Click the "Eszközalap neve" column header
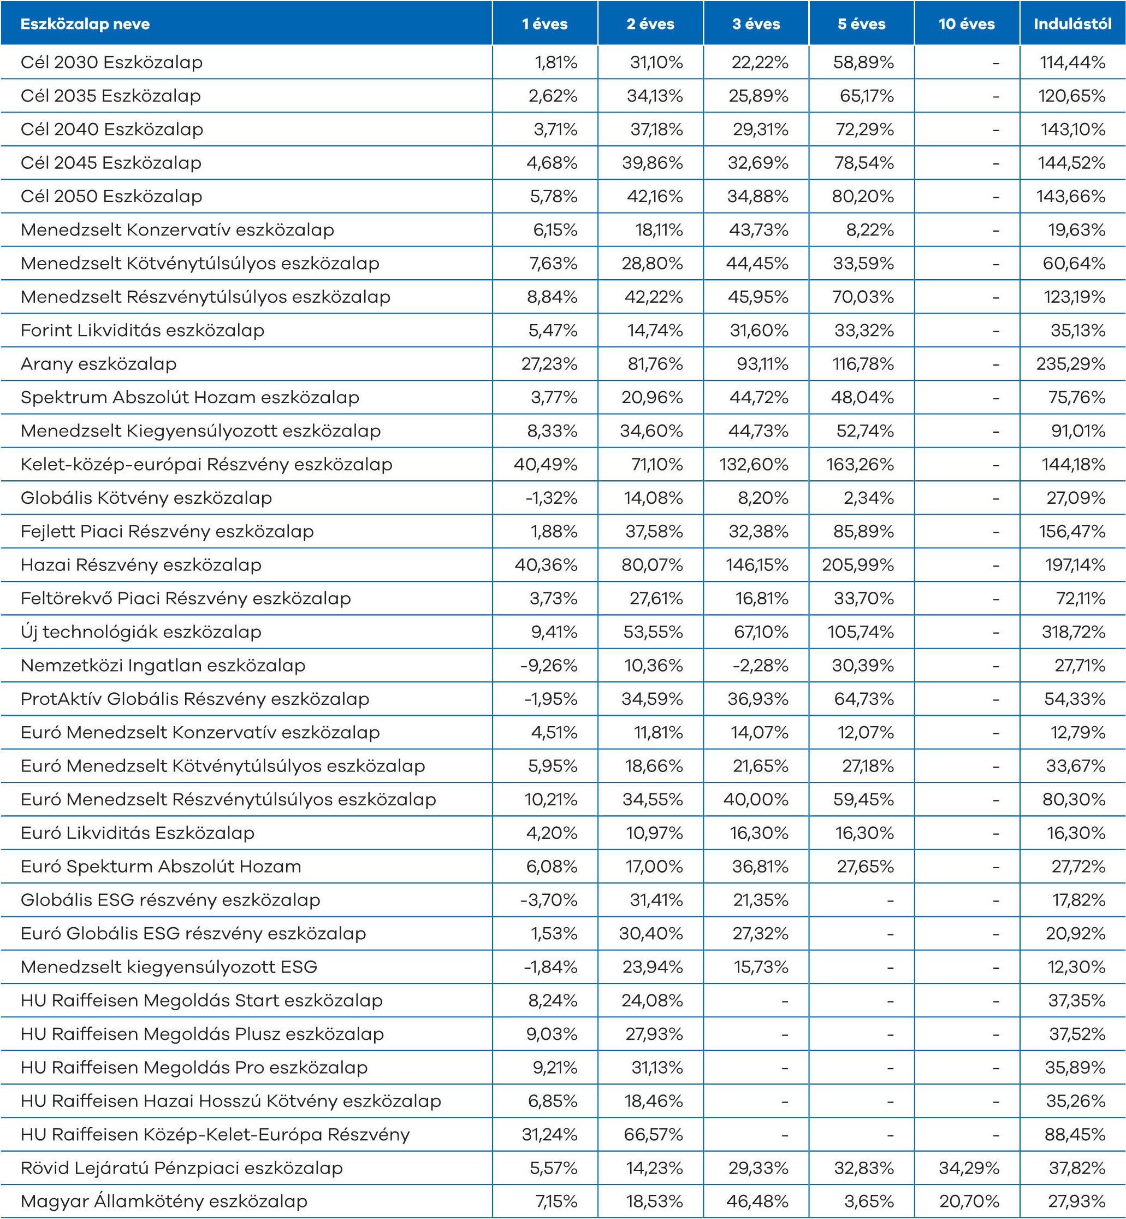tap(85, 24)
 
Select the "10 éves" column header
tap(967, 24)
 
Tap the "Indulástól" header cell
tap(1072, 24)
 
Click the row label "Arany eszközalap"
tap(99, 364)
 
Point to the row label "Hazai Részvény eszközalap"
tap(141, 565)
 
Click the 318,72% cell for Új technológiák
tap(1073, 632)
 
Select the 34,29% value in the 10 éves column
tap(969, 1168)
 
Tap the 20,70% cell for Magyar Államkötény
tap(969, 1202)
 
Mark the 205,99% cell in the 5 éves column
tap(858, 565)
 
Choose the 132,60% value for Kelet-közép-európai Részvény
tap(754, 464)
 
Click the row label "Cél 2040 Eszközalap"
tap(111, 129)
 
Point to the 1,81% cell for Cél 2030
tap(556, 62)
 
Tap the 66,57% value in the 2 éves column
tap(653, 1134)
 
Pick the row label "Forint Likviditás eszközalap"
tap(143, 331)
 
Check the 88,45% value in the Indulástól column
tap(1075, 1134)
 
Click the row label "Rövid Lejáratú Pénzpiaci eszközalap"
tap(182, 1168)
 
